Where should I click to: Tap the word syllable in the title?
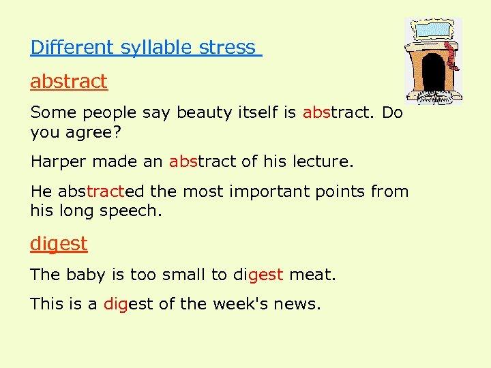(x=156, y=48)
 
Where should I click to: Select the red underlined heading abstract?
(x=69, y=82)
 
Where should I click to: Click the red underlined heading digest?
(x=59, y=243)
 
